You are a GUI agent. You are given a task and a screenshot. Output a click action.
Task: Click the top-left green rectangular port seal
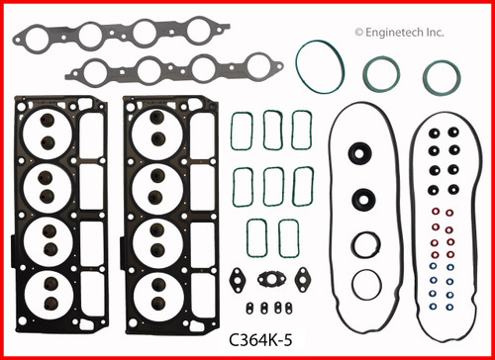point(242,129)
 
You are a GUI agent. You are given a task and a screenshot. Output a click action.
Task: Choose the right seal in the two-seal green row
point(288,238)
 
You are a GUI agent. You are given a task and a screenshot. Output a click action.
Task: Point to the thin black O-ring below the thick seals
point(365,284)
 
